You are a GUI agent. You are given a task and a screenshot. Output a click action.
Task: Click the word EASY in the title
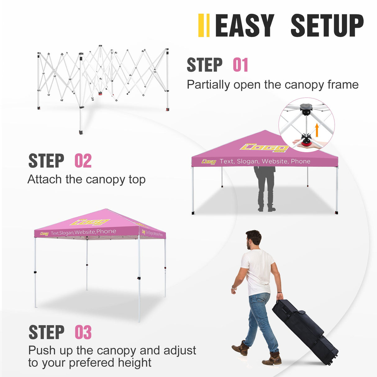click(244, 25)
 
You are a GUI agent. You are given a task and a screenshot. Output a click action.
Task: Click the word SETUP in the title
click(327, 25)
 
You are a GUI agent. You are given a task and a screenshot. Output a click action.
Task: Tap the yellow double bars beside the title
click(204, 25)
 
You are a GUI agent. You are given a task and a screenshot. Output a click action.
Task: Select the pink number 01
click(240, 65)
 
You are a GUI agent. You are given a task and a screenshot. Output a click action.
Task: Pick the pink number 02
click(83, 161)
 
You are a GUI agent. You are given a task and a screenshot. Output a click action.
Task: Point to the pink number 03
click(83, 333)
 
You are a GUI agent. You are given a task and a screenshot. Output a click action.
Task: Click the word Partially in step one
click(208, 85)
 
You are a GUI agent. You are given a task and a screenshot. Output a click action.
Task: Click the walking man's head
click(253, 239)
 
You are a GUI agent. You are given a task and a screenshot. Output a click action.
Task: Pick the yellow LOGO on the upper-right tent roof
click(264, 148)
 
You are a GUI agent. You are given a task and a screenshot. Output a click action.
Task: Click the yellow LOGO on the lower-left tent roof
click(90, 222)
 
